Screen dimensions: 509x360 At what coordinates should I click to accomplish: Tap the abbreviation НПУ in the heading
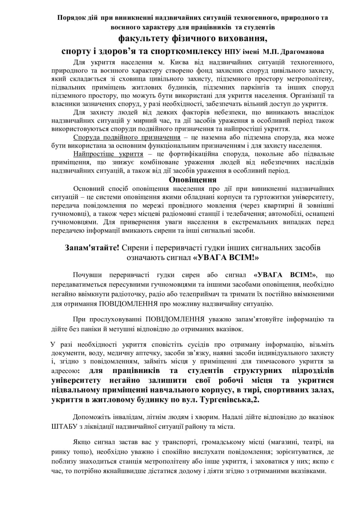(233, 52)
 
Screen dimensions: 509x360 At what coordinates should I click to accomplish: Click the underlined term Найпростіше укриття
(108, 154)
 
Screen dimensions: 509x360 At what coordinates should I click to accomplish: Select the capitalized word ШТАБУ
(63, 426)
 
